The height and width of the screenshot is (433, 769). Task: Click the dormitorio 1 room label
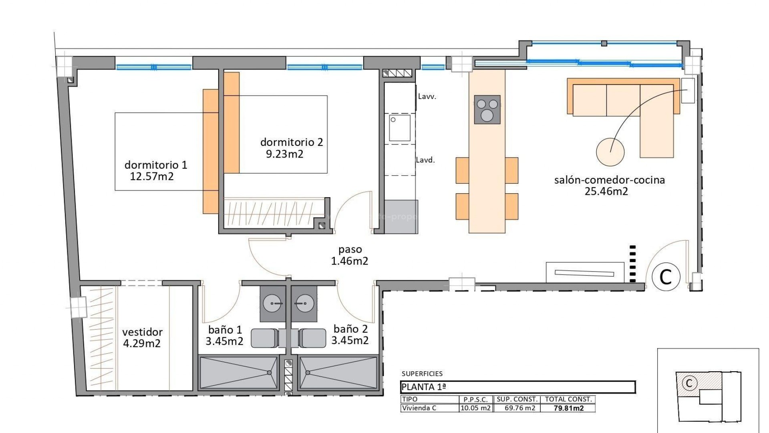156,165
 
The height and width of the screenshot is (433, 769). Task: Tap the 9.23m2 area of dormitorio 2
284,154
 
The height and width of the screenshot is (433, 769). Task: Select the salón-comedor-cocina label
609,180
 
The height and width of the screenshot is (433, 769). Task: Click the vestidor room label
142,332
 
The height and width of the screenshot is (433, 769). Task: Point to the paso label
350,250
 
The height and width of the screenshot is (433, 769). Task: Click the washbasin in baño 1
273,304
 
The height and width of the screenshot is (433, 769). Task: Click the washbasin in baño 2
304,304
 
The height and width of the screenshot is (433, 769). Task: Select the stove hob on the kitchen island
487,109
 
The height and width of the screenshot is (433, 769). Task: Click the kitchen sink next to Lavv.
400,128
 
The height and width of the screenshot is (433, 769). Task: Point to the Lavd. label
425,160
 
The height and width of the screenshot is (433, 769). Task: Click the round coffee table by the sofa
610,152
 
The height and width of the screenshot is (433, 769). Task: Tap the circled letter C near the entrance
666,277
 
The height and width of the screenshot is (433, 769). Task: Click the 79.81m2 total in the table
568,408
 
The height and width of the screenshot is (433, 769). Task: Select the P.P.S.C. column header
475,399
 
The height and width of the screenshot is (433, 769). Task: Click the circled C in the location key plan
689,383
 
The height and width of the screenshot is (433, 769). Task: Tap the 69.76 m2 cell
519,408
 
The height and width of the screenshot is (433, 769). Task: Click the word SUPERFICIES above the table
422,374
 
